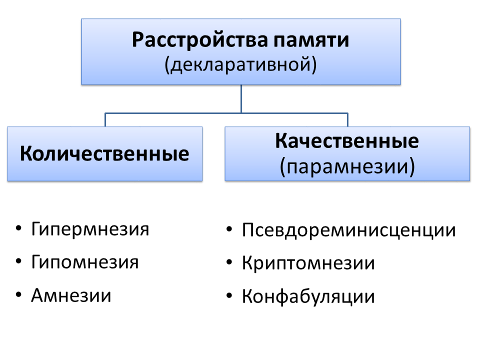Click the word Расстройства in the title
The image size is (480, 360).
pyautogui.click(x=200, y=40)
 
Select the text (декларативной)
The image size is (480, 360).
pyautogui.click(x=240, y=65)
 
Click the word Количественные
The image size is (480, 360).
pyautogui.click(x=104, y=153)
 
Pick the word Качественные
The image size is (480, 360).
pyautogui.click(x=347, y=141)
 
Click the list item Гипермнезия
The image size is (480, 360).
pyautogui.click(x=90, y=229)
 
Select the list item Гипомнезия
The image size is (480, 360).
pyautogui.click(x=85, y=262)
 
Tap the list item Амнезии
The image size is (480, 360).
pyautogui.click(x=71, y=295)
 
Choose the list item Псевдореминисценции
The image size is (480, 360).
pyautogui.click(x=348, y=230)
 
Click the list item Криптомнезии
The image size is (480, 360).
pyautogui.click(x=308, y=263)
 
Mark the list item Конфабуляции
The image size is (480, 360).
pyautogui.click(x=308, y=296)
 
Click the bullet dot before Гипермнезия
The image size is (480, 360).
pyautogui.click(x=18, y=228)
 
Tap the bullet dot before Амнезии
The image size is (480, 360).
pyautogui.click(x=18, y=295)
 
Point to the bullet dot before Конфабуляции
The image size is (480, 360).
pyautogui.click(x=229, y=295)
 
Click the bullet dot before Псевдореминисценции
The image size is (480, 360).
pyautogui.click(x=229, y=229)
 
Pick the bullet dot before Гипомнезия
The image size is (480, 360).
pyautogui.click(x=18, y=261)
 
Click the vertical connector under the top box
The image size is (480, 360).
pyautogui.click(x=241, y=99)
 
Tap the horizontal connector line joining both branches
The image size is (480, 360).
pyautogui.click(x=226, y=113)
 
